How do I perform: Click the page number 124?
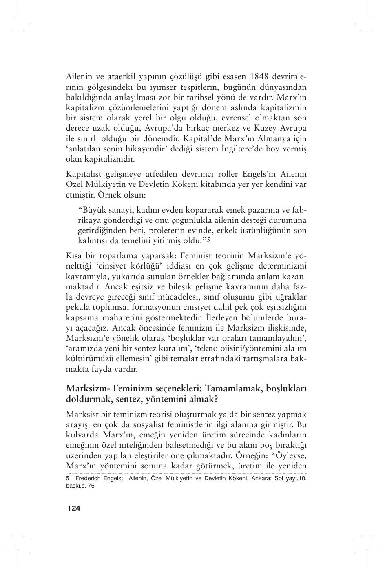coord(74,508)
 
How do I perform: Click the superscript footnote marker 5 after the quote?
coord(208,240)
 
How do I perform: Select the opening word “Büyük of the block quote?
coord(93,210)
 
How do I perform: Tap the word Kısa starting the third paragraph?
coord(74,256)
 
